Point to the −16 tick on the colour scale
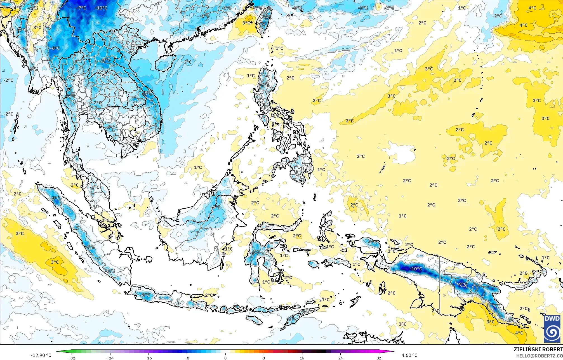tap(149, 358)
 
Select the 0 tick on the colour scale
tap(225, 358)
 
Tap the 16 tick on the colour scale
tap(302, 358)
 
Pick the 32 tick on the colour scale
tap(379, 358)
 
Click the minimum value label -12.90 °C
tap(41, 355)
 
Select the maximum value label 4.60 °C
tap(409, 355)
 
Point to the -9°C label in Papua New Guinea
tap(463, 284)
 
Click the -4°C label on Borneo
tap(216, 207)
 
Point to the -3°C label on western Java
tap(145, 295)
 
